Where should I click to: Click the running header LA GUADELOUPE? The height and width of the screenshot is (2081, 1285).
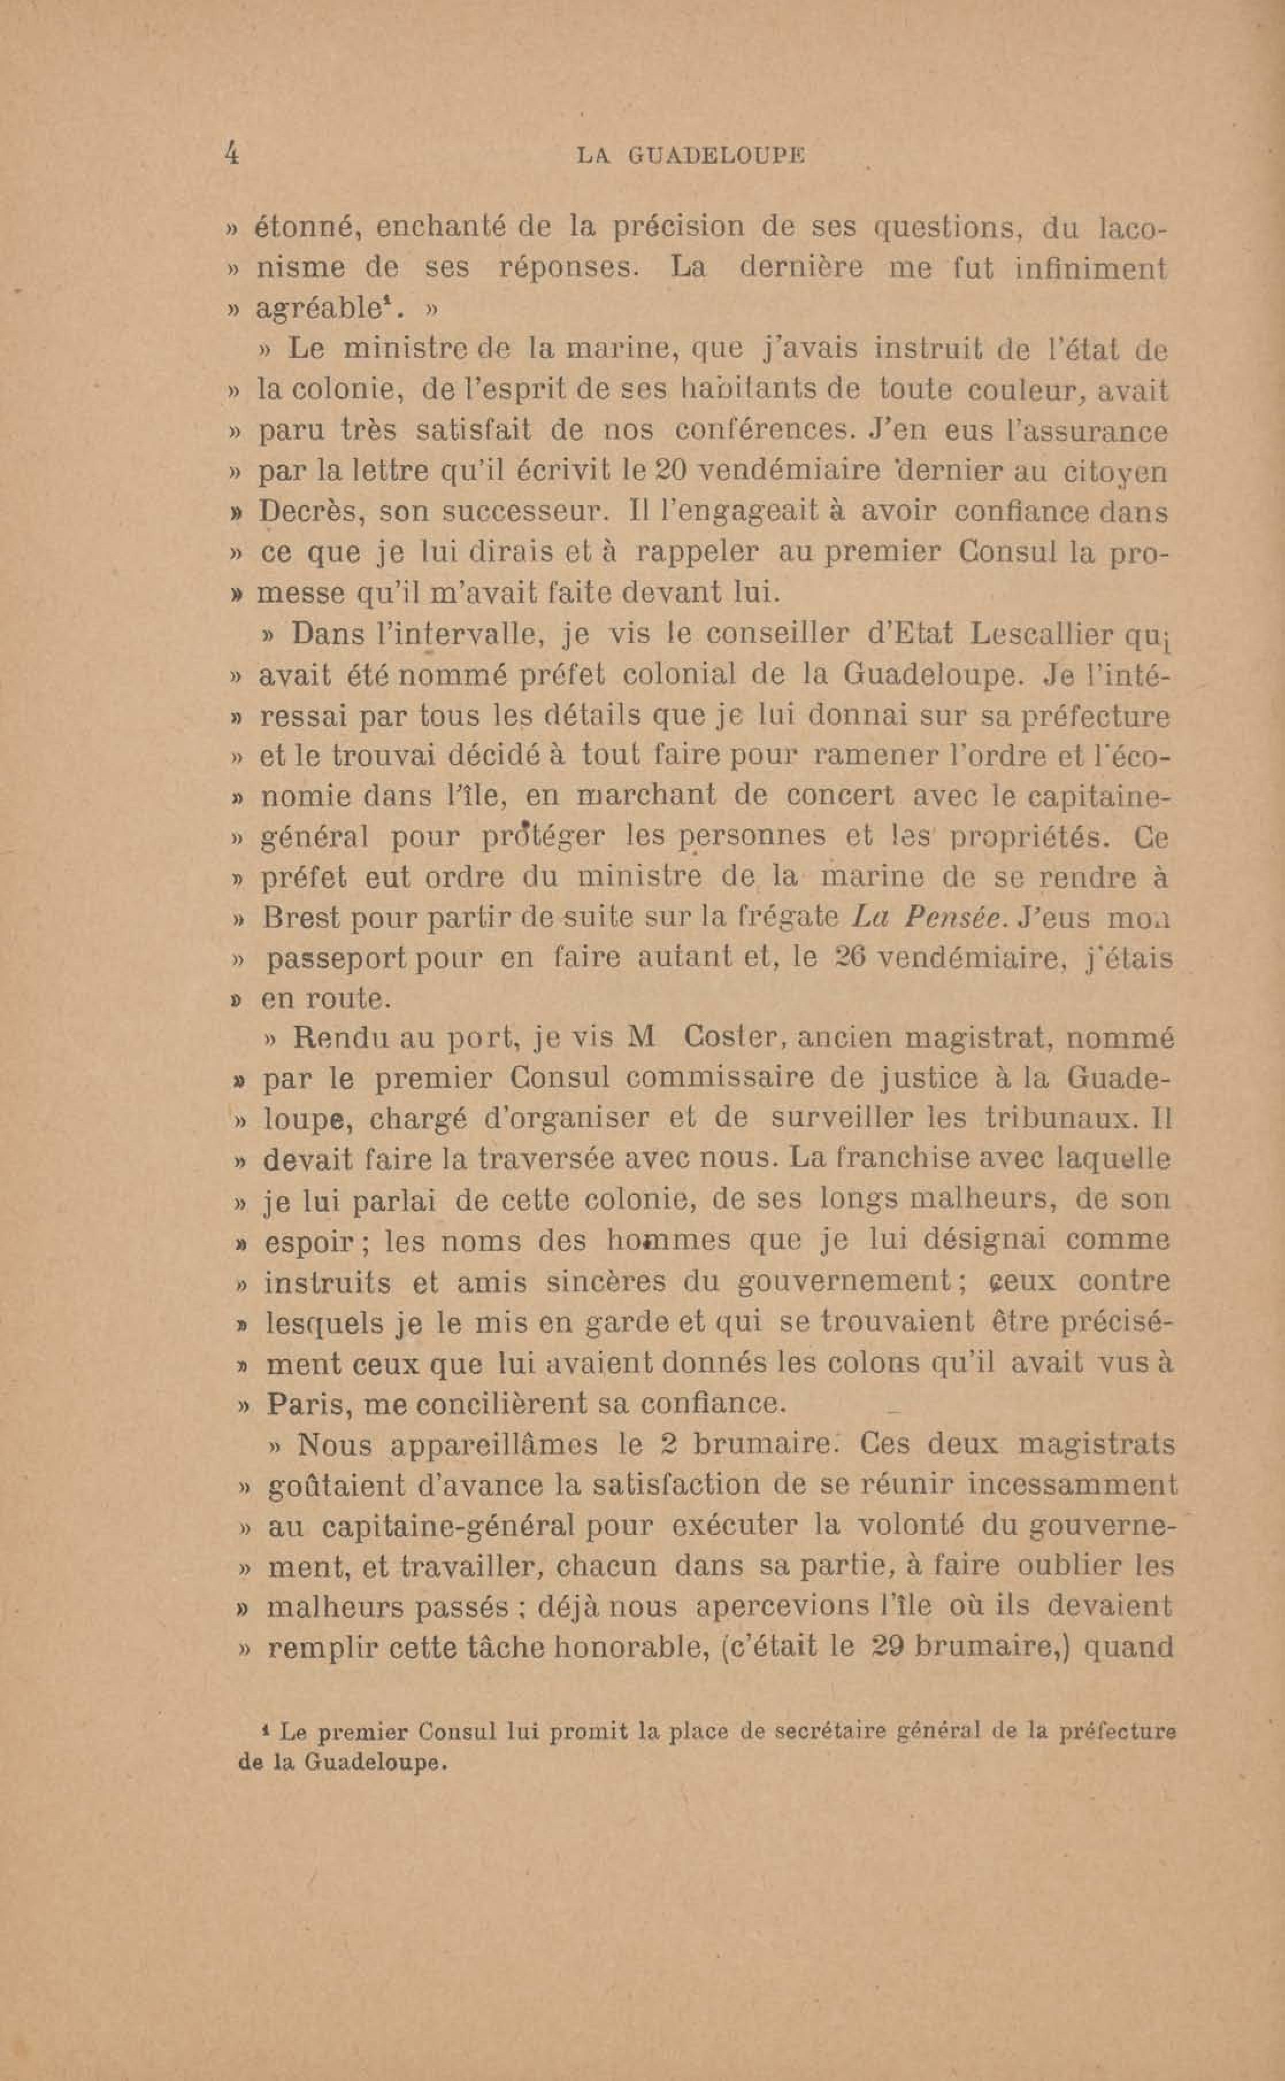coord(690,155)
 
